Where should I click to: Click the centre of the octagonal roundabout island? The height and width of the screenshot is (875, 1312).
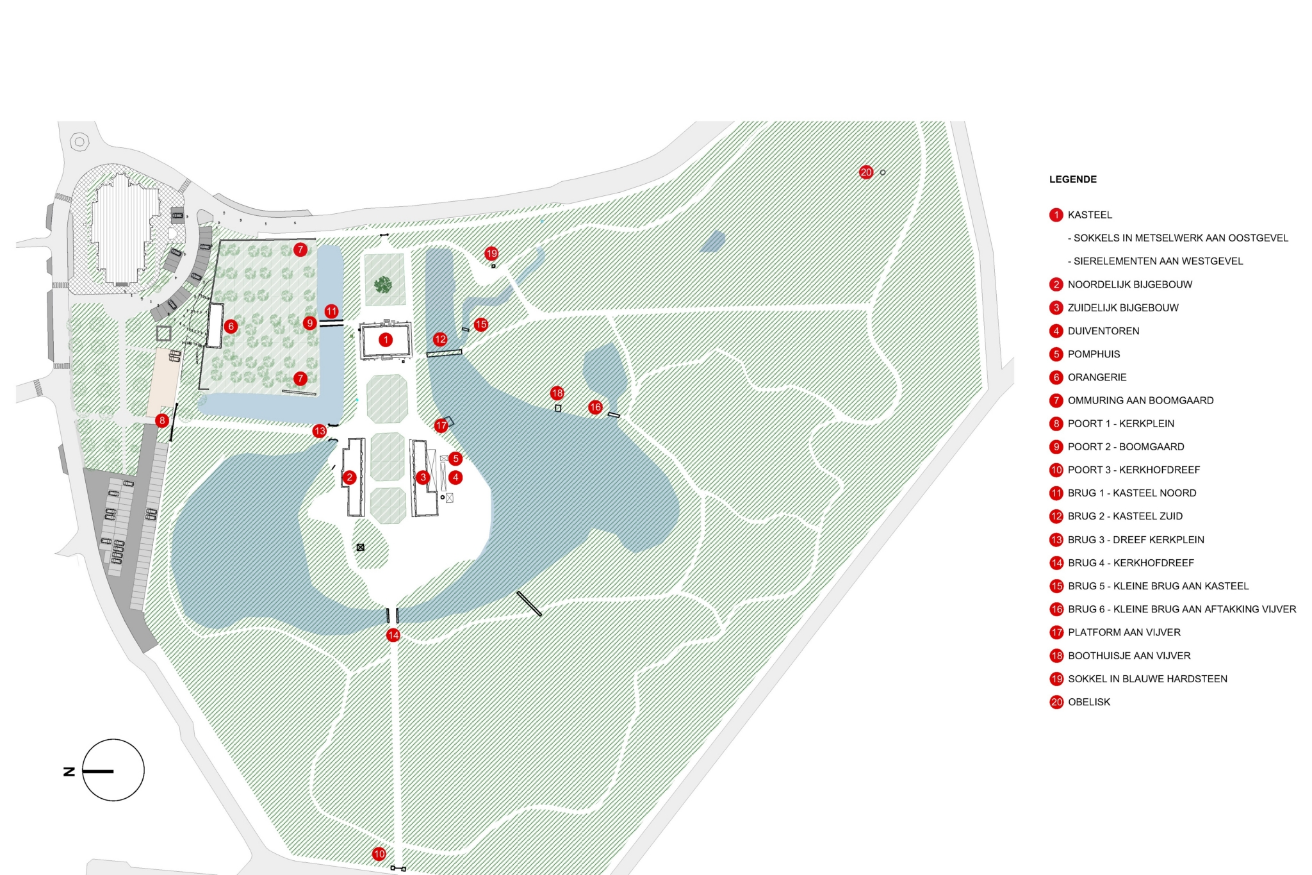pos(79,142)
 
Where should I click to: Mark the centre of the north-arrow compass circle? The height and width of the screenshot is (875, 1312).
pos(113,770)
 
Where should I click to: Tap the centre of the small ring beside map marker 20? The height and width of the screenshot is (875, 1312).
pos(883,172)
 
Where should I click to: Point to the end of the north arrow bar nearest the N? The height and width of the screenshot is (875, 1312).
pos(83,771)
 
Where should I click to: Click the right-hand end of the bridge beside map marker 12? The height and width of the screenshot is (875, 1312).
pos(461,351)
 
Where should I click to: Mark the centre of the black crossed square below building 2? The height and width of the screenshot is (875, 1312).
pos(361,547)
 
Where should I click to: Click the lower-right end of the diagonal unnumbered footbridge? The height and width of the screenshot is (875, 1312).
pos(541,615)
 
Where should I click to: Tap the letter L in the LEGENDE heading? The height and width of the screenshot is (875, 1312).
pos(1052,179)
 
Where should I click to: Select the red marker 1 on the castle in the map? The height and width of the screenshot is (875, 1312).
pos(386,339)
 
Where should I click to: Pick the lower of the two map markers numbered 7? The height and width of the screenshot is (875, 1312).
pos(300,379)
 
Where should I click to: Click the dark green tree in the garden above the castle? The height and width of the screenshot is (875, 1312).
pos(383,284)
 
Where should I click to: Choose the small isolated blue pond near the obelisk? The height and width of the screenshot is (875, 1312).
pos(712,241)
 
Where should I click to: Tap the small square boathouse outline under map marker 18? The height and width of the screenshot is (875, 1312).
pos(558,408)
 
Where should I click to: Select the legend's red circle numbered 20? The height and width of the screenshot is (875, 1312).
pos(1056,702)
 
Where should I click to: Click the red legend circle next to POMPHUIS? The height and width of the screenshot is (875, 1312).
pos(1056,354)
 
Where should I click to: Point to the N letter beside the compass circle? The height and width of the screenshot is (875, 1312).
pos(69,771)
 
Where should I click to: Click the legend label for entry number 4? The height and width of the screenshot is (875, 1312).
pos(1103,331)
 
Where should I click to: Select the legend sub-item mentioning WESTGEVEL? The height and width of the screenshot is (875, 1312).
pos(1155,261)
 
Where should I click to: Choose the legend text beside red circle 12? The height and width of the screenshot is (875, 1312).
pos(1125,516)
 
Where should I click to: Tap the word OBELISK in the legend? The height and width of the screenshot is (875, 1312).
pos(1089,702)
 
